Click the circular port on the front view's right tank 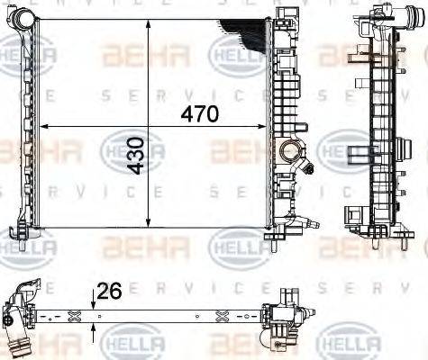[x=292, y=151]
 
